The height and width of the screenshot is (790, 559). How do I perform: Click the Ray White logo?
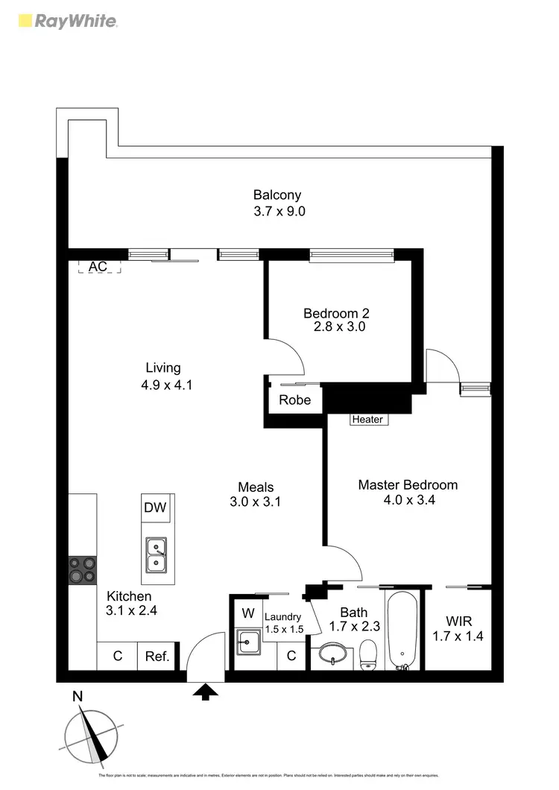coord(68,20)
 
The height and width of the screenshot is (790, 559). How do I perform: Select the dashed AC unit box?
coord(99,266)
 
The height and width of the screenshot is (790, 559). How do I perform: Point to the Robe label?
coord(294,399)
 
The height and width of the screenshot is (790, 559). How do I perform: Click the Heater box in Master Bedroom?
coord(368,419)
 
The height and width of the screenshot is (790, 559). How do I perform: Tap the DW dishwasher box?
coord(155,508)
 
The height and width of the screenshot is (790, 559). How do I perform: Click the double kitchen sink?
coord(157,555)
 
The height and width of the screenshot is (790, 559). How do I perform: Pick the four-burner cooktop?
coord(83,570)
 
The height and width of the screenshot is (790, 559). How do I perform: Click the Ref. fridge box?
coord(157,657)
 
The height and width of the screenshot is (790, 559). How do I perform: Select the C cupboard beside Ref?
coord(117,657)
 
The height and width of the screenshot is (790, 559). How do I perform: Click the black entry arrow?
coord(206,692)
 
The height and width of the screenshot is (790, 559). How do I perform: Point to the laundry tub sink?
coord(248,642)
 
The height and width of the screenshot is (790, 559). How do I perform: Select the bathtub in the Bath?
coord(403,630)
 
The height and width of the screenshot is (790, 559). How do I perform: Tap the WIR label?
coord(458,621)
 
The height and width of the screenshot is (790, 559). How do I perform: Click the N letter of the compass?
coord(77,697)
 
